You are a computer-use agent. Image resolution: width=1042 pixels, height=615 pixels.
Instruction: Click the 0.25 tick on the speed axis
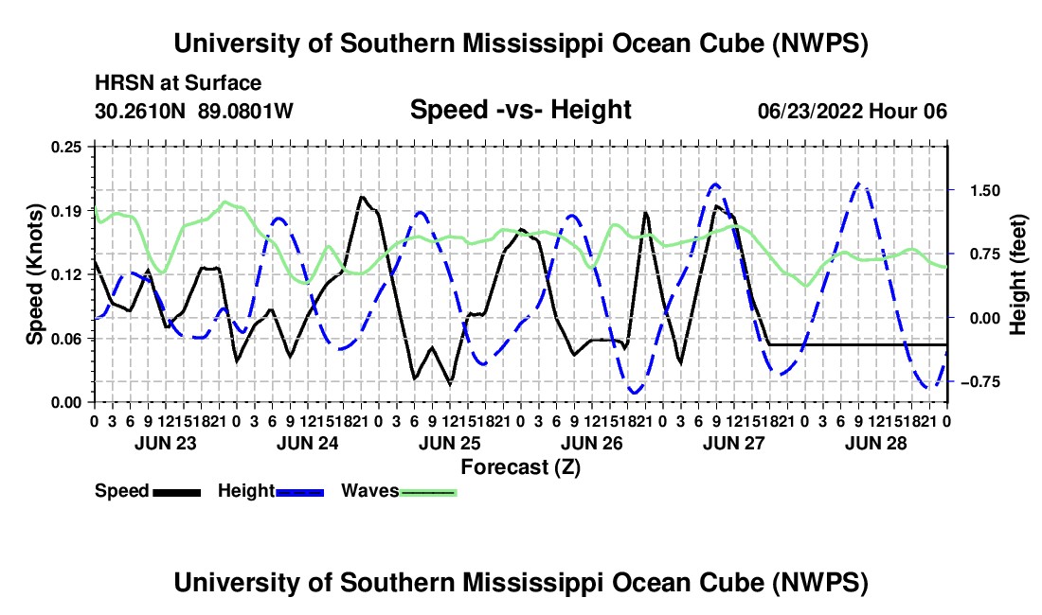click(x=66, y=147)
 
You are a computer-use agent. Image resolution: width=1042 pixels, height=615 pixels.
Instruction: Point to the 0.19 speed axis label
click(x=66, y=211)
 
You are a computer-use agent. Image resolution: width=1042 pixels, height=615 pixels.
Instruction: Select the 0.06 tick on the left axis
click(x=66, y=339)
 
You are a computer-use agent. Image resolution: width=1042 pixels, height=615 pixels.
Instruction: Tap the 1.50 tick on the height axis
click(x=985, y=191)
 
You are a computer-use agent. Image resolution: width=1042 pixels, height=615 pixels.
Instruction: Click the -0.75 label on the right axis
click(x=980, y=382)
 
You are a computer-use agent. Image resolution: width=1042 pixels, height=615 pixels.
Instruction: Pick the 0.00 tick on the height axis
click(x=985, y=319)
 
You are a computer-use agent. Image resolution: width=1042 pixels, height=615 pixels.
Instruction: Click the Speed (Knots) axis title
click(x=34, y=274)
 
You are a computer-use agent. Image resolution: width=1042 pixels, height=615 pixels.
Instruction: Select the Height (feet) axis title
click(x=1018, y=274)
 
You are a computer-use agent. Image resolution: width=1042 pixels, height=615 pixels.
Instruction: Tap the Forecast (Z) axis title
click(x=520, y=467)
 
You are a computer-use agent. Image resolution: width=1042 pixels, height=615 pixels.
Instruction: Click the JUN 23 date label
click(x=166, y=443)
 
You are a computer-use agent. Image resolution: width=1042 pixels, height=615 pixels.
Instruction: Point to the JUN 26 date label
click(x=591, y=443)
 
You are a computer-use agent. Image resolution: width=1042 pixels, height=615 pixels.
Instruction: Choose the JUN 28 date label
click(x=876, y=443)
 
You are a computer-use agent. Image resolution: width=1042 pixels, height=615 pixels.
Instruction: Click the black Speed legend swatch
click(x=177, y=492)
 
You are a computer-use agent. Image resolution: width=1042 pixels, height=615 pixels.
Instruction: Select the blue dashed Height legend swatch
click(x=300, y=492)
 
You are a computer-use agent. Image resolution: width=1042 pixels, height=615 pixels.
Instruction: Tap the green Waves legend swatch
click(x=428, y=492)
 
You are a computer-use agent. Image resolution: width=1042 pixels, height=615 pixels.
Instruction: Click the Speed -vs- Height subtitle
click(x=520, y=110)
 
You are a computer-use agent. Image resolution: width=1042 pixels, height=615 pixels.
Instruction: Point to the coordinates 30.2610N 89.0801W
click(x=193, y=111)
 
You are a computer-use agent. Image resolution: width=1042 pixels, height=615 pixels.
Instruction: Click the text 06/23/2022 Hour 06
click(x=853, y=111)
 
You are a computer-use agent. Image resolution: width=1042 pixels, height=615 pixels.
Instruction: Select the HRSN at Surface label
click(x=178, y=83)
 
